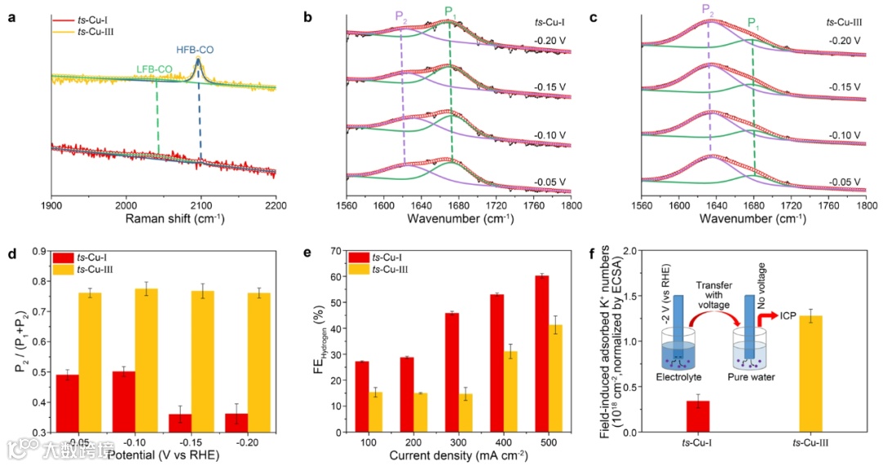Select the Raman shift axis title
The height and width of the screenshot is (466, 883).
click(164, 220)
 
